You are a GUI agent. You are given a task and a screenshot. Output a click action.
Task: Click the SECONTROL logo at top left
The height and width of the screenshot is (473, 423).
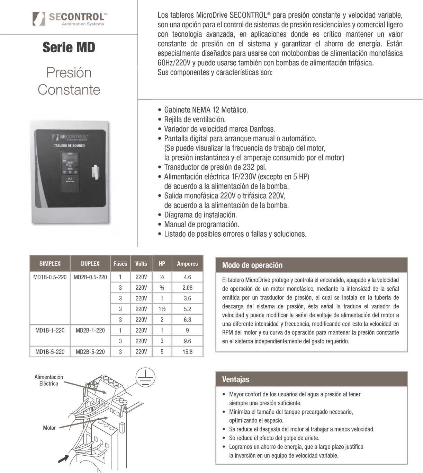[69, 18]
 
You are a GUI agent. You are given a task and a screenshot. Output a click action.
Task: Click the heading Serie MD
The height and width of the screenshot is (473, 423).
[69, 47]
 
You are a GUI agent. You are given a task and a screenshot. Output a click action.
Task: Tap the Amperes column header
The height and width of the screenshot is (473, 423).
[187, 264]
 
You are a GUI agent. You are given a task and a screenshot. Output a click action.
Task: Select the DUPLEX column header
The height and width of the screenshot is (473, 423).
[90, 264]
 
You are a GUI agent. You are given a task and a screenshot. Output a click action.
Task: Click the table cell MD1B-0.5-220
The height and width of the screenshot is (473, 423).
[50, 277]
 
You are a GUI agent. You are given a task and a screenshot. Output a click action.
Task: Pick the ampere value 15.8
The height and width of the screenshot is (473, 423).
[187, 352]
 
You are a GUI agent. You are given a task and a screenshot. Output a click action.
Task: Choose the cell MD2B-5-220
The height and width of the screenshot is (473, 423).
[90, 352]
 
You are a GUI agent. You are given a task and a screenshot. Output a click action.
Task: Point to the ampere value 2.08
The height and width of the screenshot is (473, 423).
[187, 288]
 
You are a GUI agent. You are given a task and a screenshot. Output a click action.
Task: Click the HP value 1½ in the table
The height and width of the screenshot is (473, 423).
[162, 309]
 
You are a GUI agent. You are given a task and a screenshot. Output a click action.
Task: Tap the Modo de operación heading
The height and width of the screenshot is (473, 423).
[252, 265]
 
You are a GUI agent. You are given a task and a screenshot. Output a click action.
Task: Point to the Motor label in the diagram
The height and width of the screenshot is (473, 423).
[49, 428]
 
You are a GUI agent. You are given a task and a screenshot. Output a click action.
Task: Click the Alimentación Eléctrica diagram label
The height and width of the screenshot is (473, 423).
[49, 380]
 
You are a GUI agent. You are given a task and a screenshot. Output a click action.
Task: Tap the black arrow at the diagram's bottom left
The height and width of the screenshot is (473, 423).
[63, 458]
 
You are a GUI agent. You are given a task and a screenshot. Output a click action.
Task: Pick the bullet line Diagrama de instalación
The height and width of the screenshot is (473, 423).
[200, 215]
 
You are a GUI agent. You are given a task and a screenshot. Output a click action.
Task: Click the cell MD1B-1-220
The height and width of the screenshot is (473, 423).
[50, 331]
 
